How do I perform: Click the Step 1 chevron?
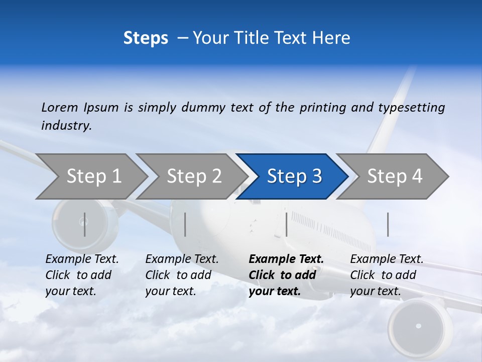tap(93, 176)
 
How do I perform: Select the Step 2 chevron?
tap(194, 176)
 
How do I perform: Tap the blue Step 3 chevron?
tap(294, 176)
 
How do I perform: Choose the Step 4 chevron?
tap(394, 176)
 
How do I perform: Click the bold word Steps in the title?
tap(146, 38)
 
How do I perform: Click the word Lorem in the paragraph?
tap(59, 107)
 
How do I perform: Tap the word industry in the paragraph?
tap(66, 125)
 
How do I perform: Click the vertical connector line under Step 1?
tap(85, 224)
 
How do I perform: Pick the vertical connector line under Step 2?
tap(185, 224)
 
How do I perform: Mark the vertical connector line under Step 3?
tap(286, 224)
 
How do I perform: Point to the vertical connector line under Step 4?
tap(388, 224)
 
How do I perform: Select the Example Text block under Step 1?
tap(82, 275)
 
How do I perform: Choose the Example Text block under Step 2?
tap(182, 275)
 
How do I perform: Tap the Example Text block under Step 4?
tap(387, 275)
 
